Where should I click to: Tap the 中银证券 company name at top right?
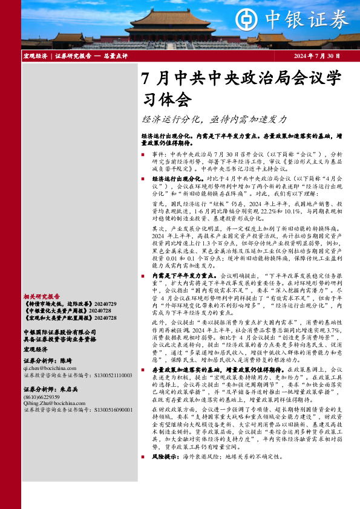click(x=317, y=19)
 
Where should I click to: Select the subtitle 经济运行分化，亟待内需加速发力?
click(x=215, y=120)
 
